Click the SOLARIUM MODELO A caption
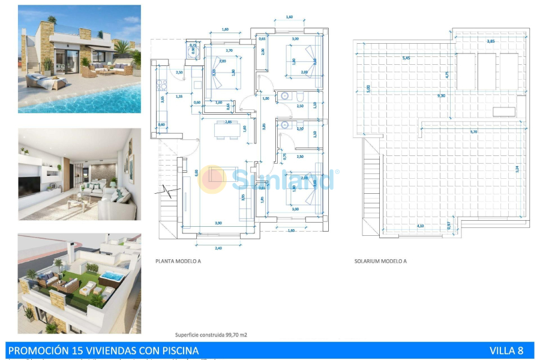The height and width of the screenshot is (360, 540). click(x=380, y=262)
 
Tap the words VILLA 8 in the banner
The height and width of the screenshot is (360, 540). click(x=506, y=350)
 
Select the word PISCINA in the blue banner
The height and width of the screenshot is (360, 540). click(x=176, y=350)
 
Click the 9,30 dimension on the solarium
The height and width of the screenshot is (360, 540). click(x=442, y=95)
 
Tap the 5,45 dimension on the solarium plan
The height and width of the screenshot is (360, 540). click(x=406, y=58)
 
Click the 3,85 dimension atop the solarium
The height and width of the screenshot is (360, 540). click(x=491, y=41)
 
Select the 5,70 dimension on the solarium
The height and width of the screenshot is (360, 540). click(x=474, y=131)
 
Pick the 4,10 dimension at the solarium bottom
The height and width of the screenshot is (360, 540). click(x=421, y=226)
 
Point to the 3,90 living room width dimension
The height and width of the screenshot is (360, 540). click(x=218, y=223)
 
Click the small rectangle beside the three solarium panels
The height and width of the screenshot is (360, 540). click(x=504, y=112)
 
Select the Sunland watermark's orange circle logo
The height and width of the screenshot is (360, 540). click(x=212, y=179)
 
